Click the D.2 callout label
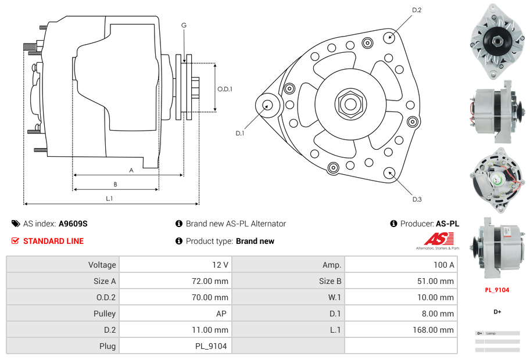pyautogui.click(x=417, y=10)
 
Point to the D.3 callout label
pyautogui.click(x=417, y=199)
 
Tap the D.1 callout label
pyautogui.click(x=239, y=133)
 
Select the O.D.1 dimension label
pyautogui.click(x=225, y=89)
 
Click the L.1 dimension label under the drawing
pyautogui.click(x=109, y=199)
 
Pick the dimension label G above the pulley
pyautogui.click(x=184, y=25)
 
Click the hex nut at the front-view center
pyautogui.click(x=349, y=104)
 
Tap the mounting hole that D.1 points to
pyautogui.click(x=267, y=105)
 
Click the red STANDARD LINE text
pyautogui.click(x=53, y=241)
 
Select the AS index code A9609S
pyautogui.click(x=73, y=224)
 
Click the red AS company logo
pyautogui.click(x=438, y=239)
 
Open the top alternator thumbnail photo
pyautogui.click(x=497, y=41)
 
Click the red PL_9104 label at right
pyautogui.click(x=497, y=290)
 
